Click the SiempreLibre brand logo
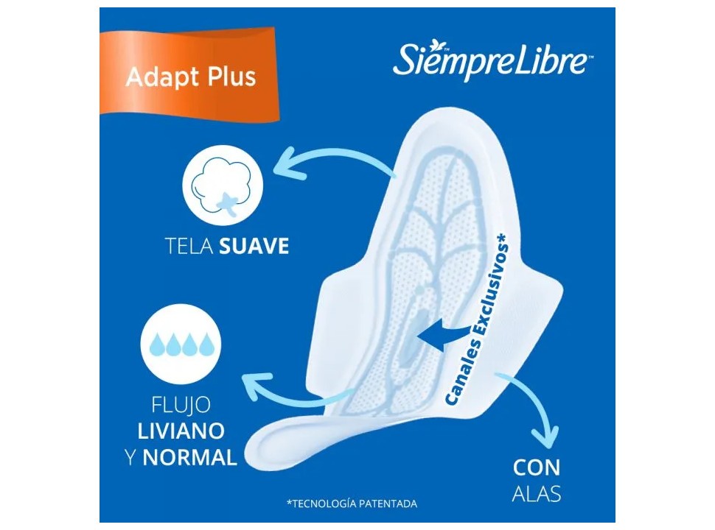(491, 62)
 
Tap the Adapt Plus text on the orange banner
(190, 77)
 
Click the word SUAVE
(254, 247)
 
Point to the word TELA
(189, 247)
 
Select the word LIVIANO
(181, 431)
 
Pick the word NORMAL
(189, 457)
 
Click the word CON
(536, 468)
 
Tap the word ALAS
(536, 492)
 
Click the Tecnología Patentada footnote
(352, 504)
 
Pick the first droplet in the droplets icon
(157, 346)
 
